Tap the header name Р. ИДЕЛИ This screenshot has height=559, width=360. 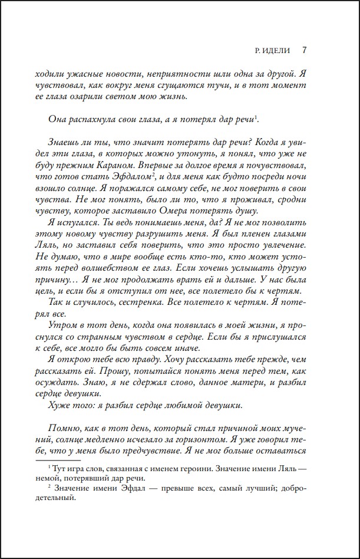[x=271, y=50]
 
